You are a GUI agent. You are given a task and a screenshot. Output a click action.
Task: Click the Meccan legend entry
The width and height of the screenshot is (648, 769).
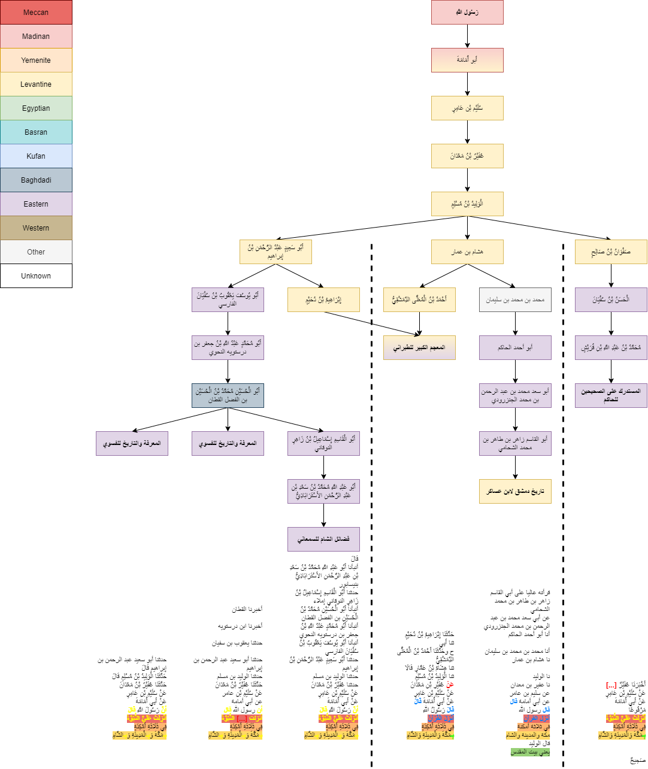(x=36, y=13)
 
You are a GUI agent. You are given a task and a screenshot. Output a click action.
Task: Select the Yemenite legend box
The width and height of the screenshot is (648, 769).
(x=36, y=60)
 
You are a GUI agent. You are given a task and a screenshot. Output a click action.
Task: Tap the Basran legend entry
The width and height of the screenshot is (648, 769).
(x=36, y=132)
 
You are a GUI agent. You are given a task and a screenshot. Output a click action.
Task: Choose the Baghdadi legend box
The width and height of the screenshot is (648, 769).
(x=36, y=180)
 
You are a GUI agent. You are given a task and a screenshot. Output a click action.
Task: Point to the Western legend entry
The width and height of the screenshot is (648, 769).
(x=36, y=228)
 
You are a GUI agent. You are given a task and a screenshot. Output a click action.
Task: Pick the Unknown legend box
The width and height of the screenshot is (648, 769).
(x=36, y=276)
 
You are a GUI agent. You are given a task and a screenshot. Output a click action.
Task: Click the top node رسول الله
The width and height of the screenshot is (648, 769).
(x=467, y=13)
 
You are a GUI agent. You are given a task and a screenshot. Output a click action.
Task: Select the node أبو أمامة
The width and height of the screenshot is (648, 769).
(x=467, y=60)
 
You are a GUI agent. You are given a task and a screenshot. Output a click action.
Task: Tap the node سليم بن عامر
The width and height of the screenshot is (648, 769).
(x=467, y=108)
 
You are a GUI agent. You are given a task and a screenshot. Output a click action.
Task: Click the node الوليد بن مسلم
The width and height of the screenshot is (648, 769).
(x=467, y=204)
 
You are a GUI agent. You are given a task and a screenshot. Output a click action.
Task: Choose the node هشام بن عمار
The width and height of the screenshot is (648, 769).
(x=467, y=252)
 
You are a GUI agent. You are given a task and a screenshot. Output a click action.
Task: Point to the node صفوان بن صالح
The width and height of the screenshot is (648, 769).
(x=611, y=252)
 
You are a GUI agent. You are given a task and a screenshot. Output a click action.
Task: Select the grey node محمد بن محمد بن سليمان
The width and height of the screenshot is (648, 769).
(x=515, y=300)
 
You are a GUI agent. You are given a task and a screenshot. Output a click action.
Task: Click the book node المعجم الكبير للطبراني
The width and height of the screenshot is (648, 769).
(x=419, y=348)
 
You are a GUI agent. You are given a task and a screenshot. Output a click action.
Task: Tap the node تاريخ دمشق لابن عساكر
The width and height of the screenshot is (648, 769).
(x=515, y=492)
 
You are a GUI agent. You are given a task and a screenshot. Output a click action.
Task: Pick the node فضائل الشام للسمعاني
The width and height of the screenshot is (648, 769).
(x=323, y=540)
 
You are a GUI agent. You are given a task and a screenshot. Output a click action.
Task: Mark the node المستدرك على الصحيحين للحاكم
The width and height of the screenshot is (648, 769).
(x=611, y=396)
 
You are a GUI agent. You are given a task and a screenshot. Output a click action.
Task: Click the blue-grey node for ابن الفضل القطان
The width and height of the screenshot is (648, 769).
(x=228, y=396)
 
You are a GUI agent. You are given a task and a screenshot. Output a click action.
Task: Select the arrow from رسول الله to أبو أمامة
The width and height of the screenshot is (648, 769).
(x=467, y=37)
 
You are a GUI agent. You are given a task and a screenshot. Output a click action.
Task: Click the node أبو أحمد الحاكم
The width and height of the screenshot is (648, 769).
(x=515, y=348)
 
